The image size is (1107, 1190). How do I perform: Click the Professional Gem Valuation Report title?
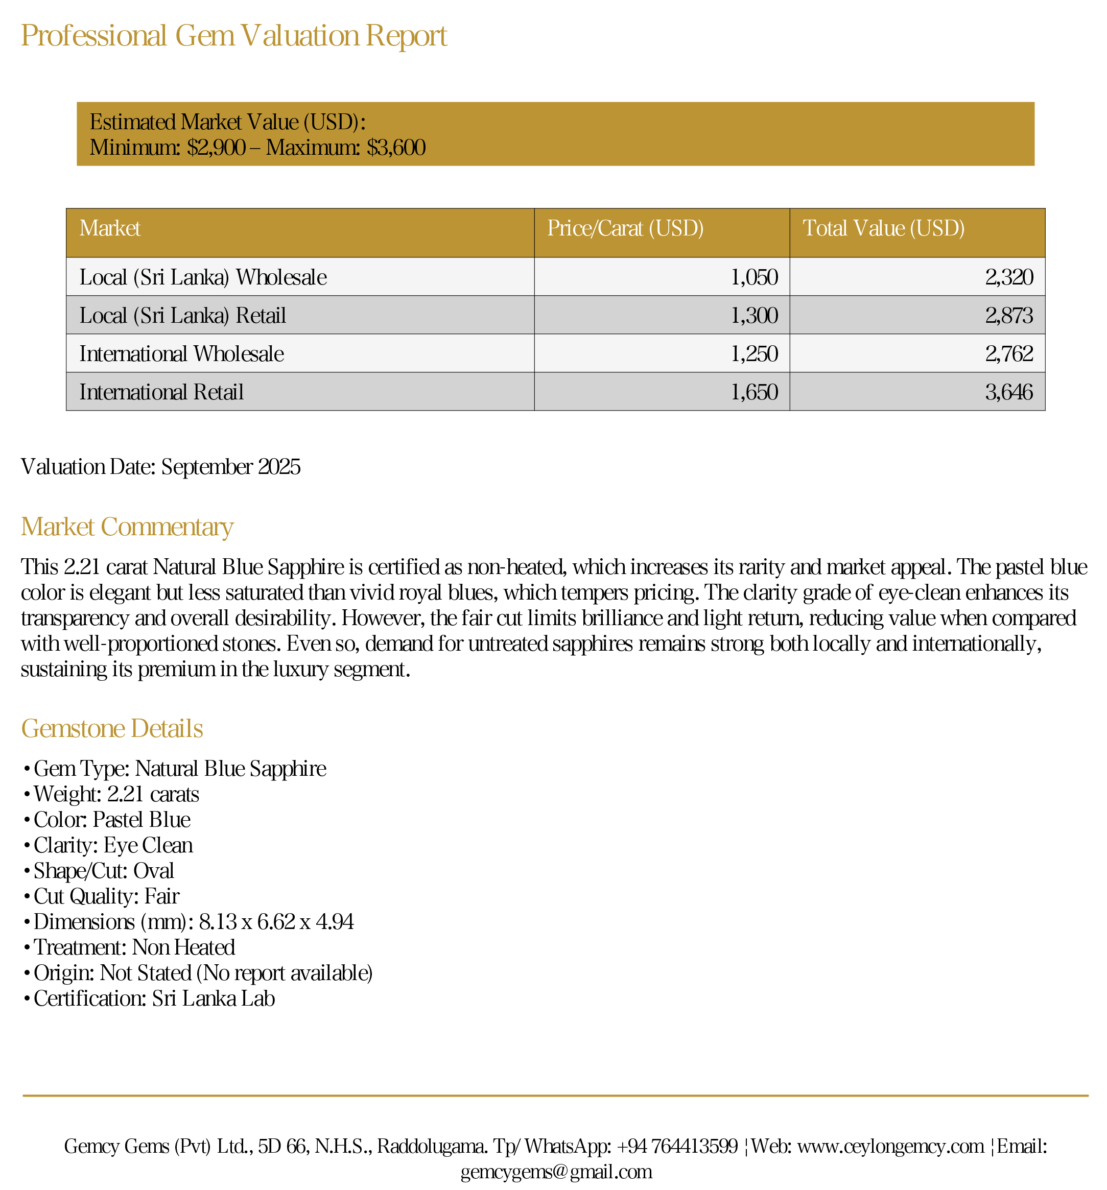pos(233,36)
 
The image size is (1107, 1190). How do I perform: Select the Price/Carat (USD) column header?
pos(625,229)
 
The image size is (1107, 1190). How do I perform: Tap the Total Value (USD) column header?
pos(883,229)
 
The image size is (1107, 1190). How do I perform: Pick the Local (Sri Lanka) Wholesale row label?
pos(203,277)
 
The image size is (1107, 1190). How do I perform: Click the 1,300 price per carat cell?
pos(754,316)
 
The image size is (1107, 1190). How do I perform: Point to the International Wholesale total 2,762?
pos(1009,354)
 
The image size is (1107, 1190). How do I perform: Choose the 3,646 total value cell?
pos(1009,392)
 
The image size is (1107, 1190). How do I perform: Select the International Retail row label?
pos(161,392)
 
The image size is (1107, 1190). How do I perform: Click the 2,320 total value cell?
pos(1009,277)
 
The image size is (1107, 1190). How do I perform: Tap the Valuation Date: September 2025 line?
pos(160,467)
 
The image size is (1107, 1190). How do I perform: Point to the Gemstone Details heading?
pos(112,728)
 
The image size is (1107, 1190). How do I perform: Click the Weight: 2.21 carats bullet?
pos(116,794)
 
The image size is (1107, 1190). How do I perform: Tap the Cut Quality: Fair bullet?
pos(106,896)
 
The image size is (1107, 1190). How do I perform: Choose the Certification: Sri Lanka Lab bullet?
pos(154,998)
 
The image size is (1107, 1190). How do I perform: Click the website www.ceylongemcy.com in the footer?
pos(890,1146)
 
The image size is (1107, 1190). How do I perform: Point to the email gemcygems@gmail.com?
pos(556,1172)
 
